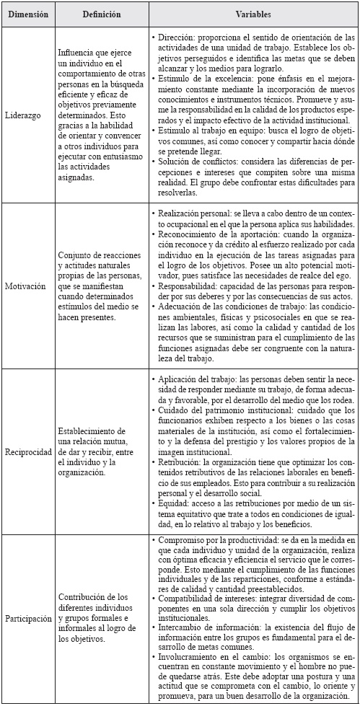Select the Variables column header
pyautogui.click(x=254, y=14)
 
